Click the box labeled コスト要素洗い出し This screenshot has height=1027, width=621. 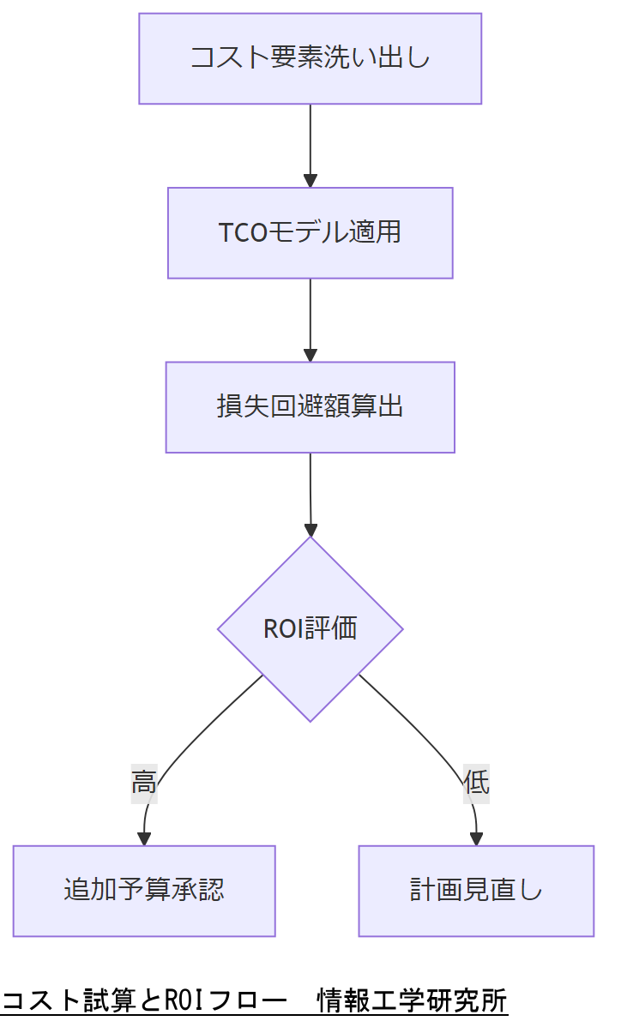click(x=310, y=58)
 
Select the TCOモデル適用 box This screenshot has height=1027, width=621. click(x=310, y=232)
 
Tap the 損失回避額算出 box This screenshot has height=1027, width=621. click(x=310, y=406)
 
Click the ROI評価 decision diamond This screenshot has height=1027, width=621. click(x=310, y=628)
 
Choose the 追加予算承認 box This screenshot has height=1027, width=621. click(x=144, y=890)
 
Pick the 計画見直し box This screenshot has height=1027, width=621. click(x=476, y=890)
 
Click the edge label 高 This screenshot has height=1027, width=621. click(x=144, y=782)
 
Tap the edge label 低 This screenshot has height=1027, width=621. click(x=476, y=782)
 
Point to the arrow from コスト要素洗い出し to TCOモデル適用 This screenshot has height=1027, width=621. click(x=310, y=141)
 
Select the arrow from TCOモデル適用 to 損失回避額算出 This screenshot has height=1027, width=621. click(x=310, y=317)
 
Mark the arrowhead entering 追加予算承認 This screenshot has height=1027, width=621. click(x=144, y=838)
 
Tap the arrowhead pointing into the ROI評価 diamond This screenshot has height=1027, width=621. click(x=310, y=529)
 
